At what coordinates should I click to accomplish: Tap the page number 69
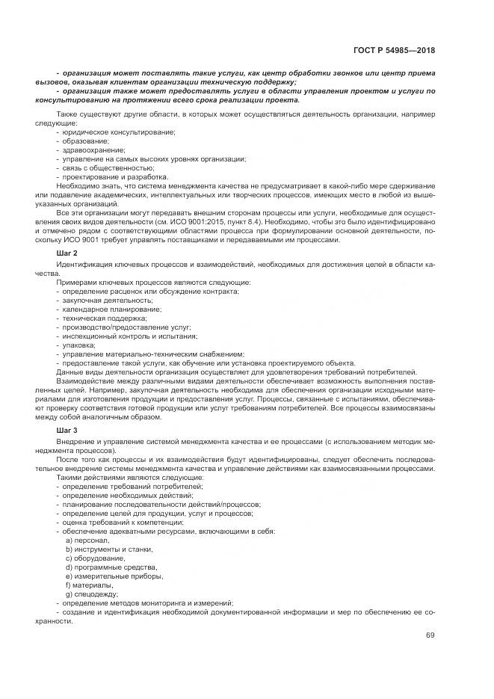click(x=430, y=635)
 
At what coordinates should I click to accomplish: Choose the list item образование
click(x=85, y=141)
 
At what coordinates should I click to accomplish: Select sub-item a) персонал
click(x=87, y=540)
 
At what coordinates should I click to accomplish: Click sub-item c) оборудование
click(x=93, y=558)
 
